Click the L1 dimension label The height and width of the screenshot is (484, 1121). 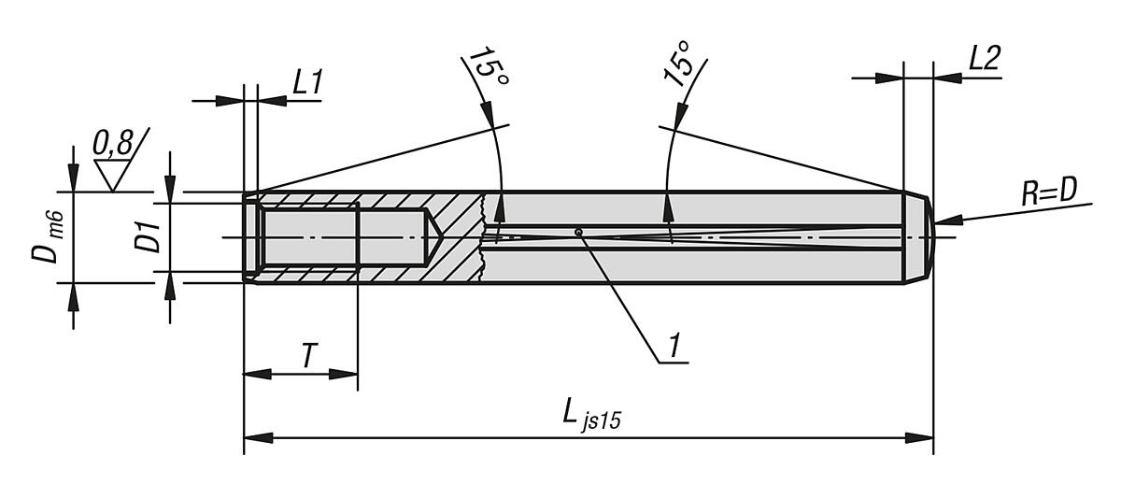tap(307, 82)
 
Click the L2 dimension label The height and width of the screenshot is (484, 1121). tap(984, 59)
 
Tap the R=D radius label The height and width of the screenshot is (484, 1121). tap(1048, 192)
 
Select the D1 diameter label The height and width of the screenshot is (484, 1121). tap(147, 237)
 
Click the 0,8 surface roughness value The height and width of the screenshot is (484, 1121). tap(113, 143)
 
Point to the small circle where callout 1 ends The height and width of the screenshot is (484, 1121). tap(579, 232)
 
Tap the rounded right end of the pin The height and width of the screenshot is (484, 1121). tap(928, 237)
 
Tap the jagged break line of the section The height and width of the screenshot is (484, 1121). tap(483, 237)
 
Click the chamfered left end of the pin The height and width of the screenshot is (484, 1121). tap(249, 237)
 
